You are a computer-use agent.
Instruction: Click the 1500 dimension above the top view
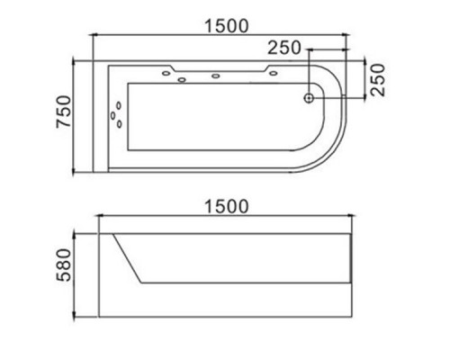tap(227, 26)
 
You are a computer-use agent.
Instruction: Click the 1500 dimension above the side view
tap(227, 206)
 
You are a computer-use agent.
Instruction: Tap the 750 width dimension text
tap(64, 112)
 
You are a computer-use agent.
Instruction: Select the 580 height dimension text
tap(64, 265)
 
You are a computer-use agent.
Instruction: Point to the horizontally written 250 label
tap(283, 48)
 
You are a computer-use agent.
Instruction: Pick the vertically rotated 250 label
tap(377, 79)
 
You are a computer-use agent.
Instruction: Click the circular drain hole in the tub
tap(309, 98)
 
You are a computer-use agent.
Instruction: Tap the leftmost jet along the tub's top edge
tap(166, 73)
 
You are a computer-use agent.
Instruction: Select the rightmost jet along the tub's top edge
tap(273, 73)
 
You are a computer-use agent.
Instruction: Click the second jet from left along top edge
tap(182, 80)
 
